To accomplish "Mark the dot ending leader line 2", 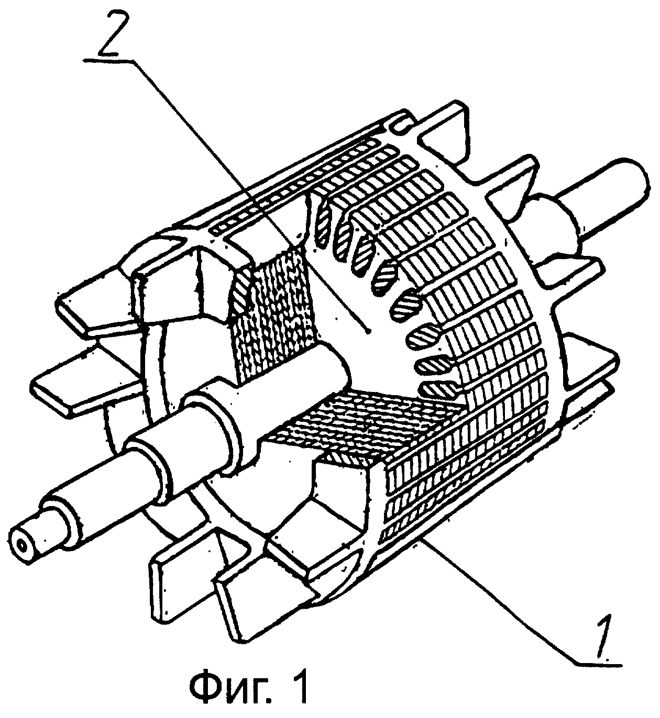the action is (369, 331).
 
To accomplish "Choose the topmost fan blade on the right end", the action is (446, 134).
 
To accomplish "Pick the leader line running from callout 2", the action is (251, 195).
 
